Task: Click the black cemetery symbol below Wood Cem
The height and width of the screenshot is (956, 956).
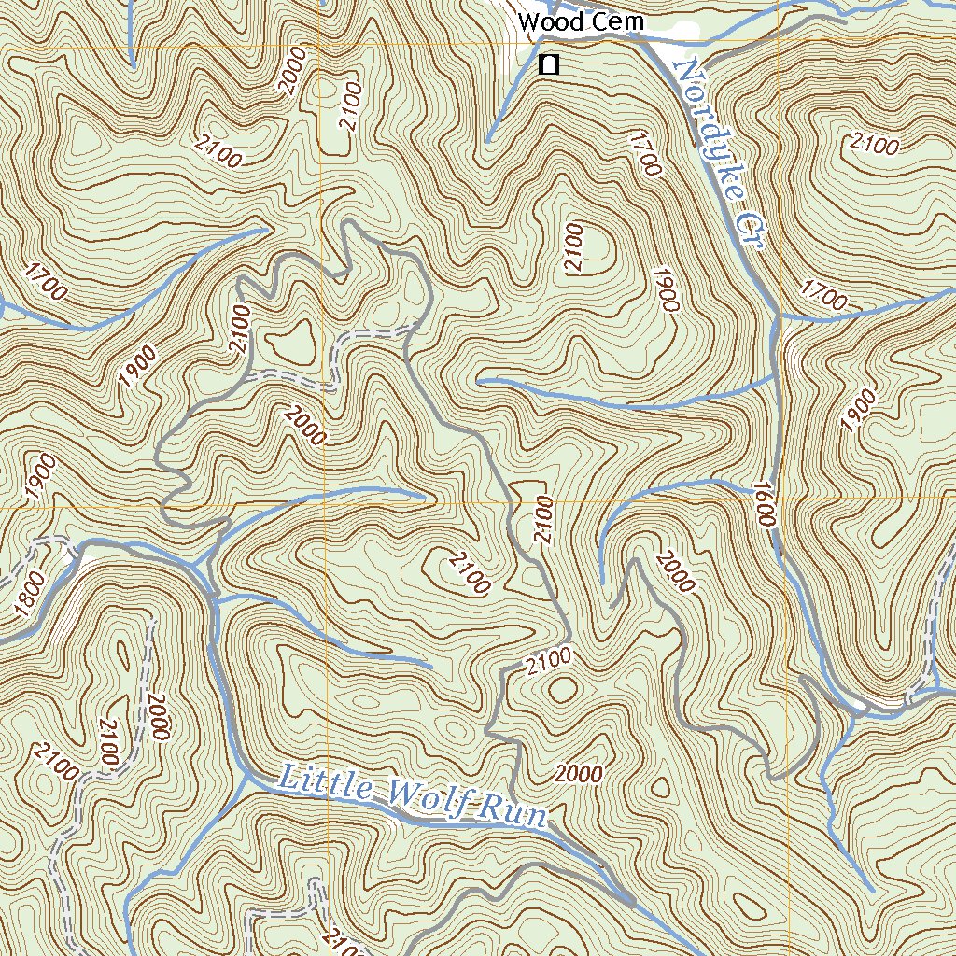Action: click(549, 64)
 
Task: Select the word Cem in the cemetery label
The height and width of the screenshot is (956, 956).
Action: click(616, 21)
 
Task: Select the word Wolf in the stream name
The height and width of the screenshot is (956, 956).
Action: click(425, 800)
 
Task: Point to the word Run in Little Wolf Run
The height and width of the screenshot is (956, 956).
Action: click(513, 813)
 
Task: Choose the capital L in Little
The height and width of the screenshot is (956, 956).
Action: click(289, 775)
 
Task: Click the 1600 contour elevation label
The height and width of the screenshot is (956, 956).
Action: click(764, 504)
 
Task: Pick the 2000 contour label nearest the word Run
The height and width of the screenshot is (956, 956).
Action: click(578, 774)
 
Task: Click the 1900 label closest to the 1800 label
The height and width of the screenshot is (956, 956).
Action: click(40, 477)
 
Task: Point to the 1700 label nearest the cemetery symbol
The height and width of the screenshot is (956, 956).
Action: click(645, 154)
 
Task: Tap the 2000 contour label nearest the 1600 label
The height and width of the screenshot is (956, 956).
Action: click(675, 572)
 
